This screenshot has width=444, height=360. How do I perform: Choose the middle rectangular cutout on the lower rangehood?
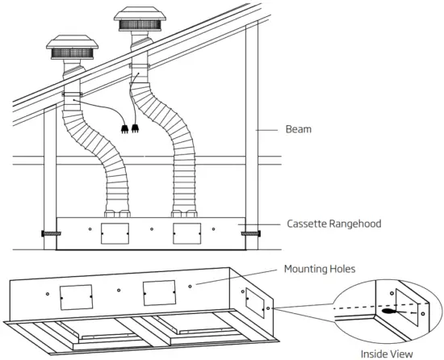pos(159,291)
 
